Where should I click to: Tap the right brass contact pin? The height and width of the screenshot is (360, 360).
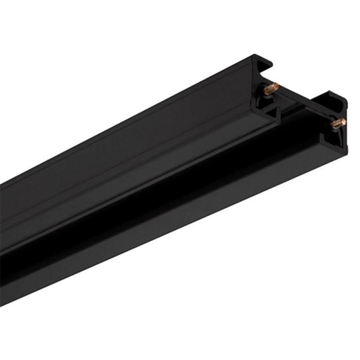(337, 123)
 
